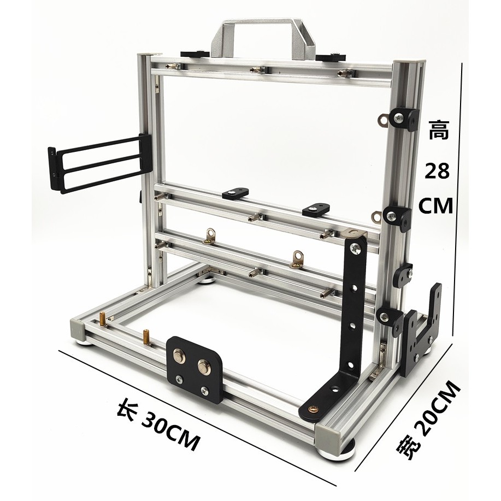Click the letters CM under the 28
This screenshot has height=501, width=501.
(x=436, y=205)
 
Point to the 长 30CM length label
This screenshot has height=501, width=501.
(x=157, y=425)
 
